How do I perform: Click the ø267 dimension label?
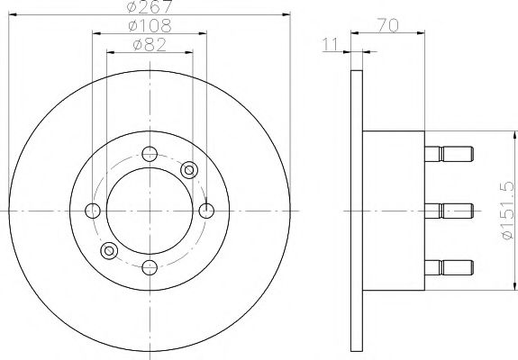click(x=149, y=8)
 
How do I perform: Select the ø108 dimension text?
click(x=149, y=28)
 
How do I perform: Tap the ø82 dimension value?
click(x=149, y=46)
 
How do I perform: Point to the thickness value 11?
click(x=332, y=43)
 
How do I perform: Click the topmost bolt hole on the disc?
click(x=150, y=154)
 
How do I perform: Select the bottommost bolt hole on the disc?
click(x=150, y=265)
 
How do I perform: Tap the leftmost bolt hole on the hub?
click(x=93, y=211)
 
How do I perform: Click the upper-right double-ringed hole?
click(x=189, y=169)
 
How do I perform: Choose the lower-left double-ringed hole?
click(x=110, y=250)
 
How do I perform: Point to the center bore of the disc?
click(x=150, y=211)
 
